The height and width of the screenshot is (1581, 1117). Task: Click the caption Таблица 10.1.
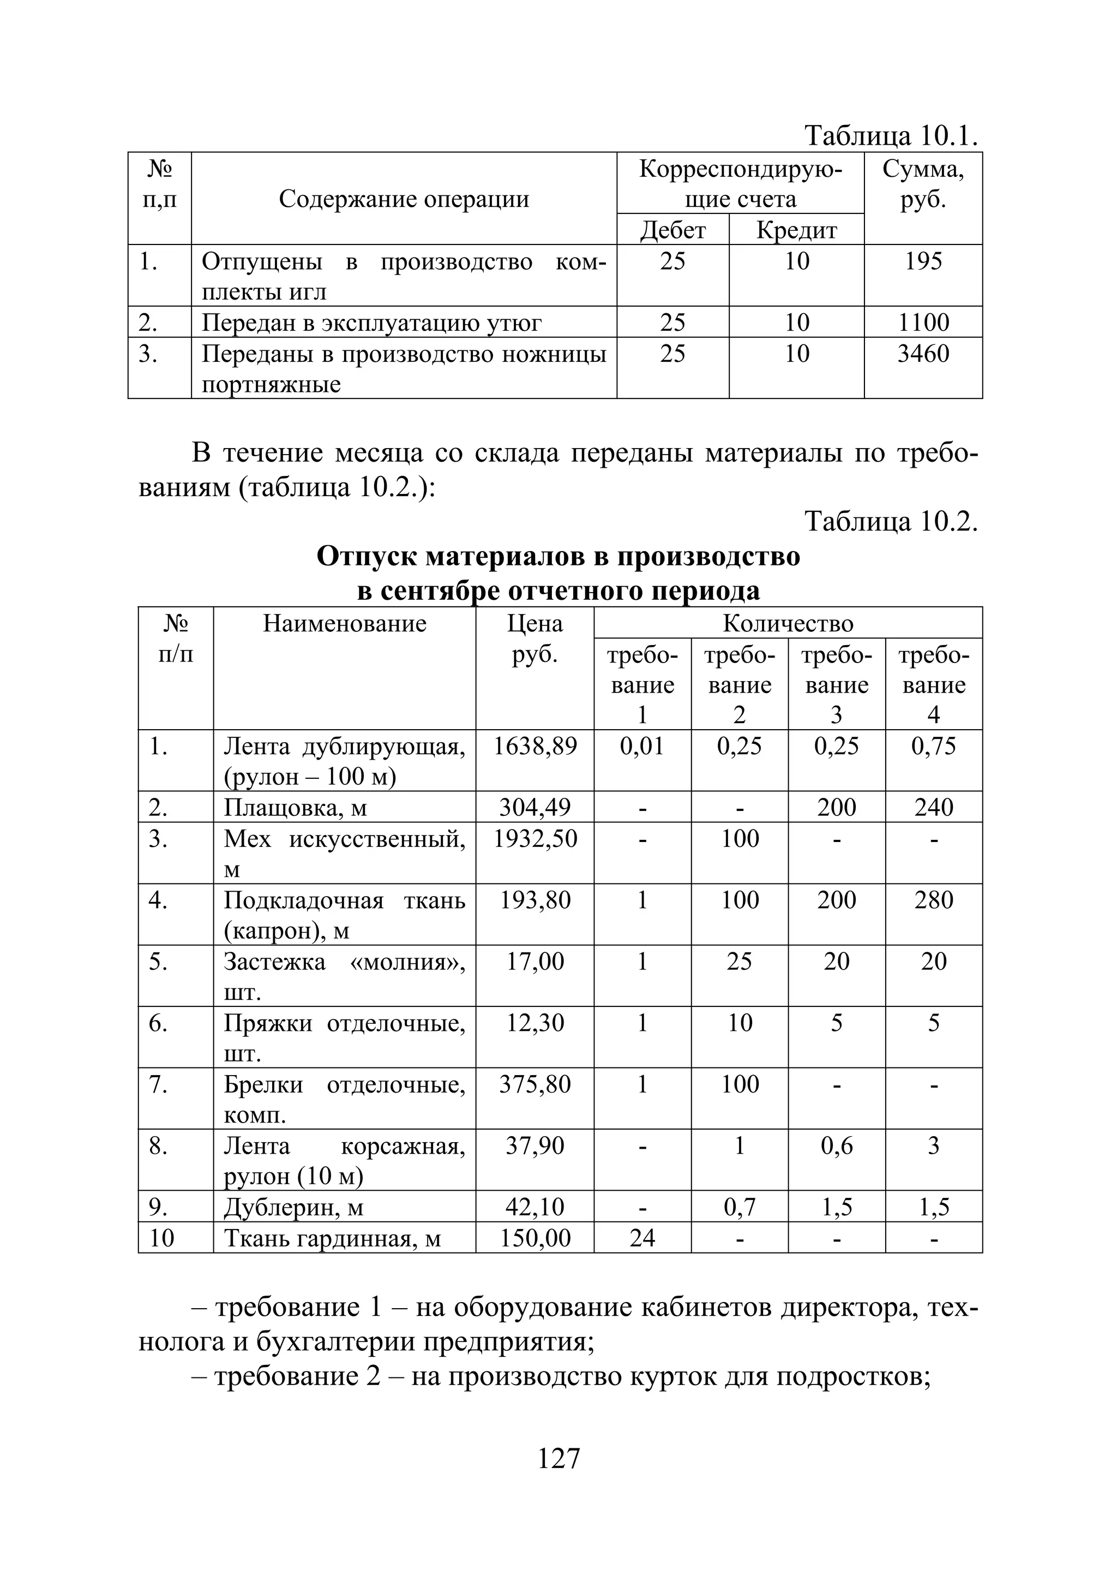891,136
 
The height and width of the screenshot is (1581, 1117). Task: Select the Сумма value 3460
923,354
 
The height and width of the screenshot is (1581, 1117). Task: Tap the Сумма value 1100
923,323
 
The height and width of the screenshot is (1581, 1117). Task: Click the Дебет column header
672,230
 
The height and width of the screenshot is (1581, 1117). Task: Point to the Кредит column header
796,230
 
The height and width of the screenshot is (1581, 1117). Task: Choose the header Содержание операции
404,199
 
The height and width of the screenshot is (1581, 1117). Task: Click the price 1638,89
535,745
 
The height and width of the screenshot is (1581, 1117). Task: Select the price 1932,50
535,839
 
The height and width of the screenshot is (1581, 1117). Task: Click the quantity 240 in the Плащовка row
933,807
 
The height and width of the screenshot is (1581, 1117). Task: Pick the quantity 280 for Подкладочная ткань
933,900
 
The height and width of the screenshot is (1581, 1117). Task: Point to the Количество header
788,624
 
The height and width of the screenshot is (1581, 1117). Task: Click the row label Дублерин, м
293,1207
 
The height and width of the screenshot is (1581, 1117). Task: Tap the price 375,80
535,1084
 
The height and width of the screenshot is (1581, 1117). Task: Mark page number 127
558,1458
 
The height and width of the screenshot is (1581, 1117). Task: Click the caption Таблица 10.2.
891,521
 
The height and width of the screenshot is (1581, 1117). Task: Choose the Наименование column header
345,624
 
